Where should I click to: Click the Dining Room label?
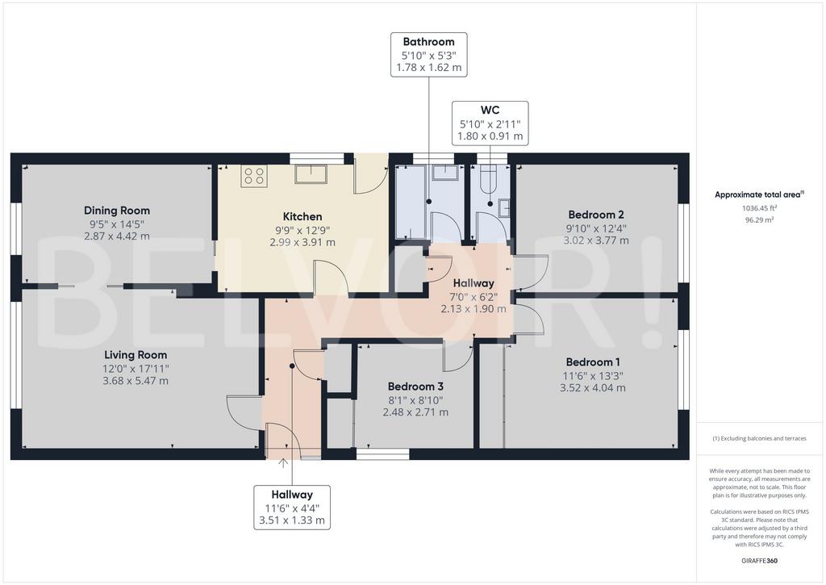(117, 211)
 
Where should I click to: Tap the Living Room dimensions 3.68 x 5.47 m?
(136, 381)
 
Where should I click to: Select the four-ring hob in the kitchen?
(254, 176)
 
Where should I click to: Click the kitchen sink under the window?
(311, 174)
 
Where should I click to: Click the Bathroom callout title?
(429, 42)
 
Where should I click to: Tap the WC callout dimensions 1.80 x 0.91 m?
(490, 136)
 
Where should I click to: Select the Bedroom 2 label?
(596, 215)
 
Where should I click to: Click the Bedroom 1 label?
(593, 362)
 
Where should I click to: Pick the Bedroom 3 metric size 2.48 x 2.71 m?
(415, 412)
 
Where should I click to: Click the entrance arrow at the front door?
(283, 463)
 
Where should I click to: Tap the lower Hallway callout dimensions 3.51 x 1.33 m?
(292, 520)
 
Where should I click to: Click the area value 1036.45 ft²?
(760, 208)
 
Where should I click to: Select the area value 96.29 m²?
(760, 220)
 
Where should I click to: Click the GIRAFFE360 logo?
(760, 561)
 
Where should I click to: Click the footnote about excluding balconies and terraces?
(759, 438)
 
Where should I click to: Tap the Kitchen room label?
(302, 216)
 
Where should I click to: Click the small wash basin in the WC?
(505, 207)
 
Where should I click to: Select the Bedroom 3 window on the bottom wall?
(383, 453)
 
